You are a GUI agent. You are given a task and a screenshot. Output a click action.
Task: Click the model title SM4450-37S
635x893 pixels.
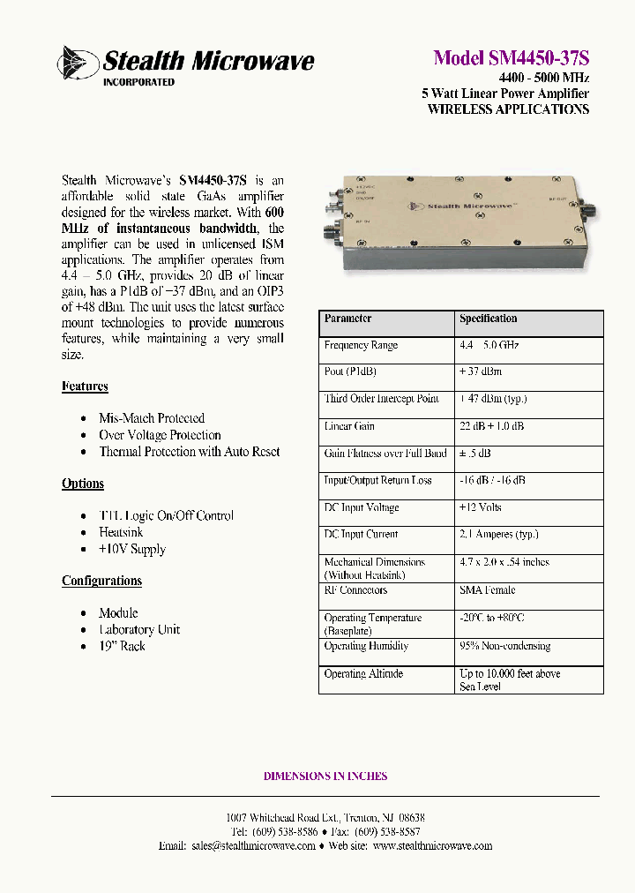(x=511, y=57)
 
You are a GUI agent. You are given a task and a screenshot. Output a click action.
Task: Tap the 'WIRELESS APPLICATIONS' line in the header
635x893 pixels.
(x=508, y=109)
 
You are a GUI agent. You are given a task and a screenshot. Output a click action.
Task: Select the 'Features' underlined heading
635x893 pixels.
(x=85, y=386)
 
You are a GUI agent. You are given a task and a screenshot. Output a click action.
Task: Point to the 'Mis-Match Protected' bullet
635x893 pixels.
(x=151, y=418)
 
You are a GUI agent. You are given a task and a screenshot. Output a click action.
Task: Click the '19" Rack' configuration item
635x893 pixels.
(x=122, y=646)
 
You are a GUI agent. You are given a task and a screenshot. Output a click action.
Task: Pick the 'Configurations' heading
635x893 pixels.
(x=101, y=581)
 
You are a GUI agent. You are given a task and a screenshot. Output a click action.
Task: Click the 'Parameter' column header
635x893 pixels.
(x=347, y=319)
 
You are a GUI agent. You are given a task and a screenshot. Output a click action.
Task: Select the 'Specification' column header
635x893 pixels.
(x=488, y=319)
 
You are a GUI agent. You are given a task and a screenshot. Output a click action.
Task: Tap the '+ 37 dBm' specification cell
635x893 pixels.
(x=480, y=372)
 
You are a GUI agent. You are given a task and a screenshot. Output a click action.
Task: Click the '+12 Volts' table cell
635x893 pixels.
(x=480, y=507)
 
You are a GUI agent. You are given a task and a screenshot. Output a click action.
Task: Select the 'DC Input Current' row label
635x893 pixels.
(x=361, y=534)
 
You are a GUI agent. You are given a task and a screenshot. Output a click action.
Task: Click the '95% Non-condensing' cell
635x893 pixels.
(x=504, y=646)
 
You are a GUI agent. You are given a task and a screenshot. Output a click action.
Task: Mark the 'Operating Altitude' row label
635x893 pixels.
(x=363, y=673)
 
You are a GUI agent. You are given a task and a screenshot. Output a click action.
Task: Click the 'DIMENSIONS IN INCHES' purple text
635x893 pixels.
(x=325, y=777)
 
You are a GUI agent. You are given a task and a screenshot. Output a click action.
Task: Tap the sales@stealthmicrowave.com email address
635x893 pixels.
(x=253, y=845)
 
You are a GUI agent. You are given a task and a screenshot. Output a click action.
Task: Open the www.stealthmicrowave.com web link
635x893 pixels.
(x=432, y=845)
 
